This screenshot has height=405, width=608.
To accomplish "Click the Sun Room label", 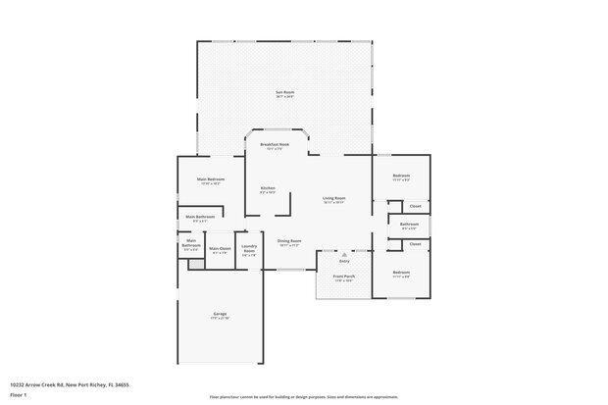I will pyautogui.click(x=284, y=92).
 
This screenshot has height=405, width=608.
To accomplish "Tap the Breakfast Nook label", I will pyautogui.click(x=275, y=144).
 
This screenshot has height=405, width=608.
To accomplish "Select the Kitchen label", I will pyautogui.click(x=268, y=188).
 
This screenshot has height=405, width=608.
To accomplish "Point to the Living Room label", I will pyautogui.click(x=333, y=198).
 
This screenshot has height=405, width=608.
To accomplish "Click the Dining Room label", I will pyautogui.click(x=288, y=241).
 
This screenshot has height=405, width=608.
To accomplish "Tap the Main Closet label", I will pyautogui.click(x=220, y=248).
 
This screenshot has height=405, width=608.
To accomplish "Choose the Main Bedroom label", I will pyautogui.click(x=210, y=179).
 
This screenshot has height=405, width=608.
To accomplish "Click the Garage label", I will pyautogui.click(x=220, y=314).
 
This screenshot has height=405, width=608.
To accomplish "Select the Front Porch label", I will pyautogui.click(x=343, y=277).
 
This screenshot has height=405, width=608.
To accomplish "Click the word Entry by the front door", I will pyautogui.click(x=344, y=261).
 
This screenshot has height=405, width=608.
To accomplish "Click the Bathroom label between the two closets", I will pyautogui.click(x=409, y=225).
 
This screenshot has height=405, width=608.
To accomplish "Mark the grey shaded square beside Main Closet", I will pyautogui.click(x=195, y=264).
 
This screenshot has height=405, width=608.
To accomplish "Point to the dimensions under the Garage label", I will pyautogui.click(x=220, y=319).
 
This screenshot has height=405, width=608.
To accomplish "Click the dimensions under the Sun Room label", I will pyautogui.click(x=284, y=97).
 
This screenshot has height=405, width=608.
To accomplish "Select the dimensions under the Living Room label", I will pyautogui.click(x=333, y=203).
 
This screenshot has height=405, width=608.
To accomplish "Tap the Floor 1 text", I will pyautogui.click(x=19, y=395).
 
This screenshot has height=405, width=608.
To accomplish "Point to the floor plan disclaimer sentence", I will pyautogui.click(x=303, y=397).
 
